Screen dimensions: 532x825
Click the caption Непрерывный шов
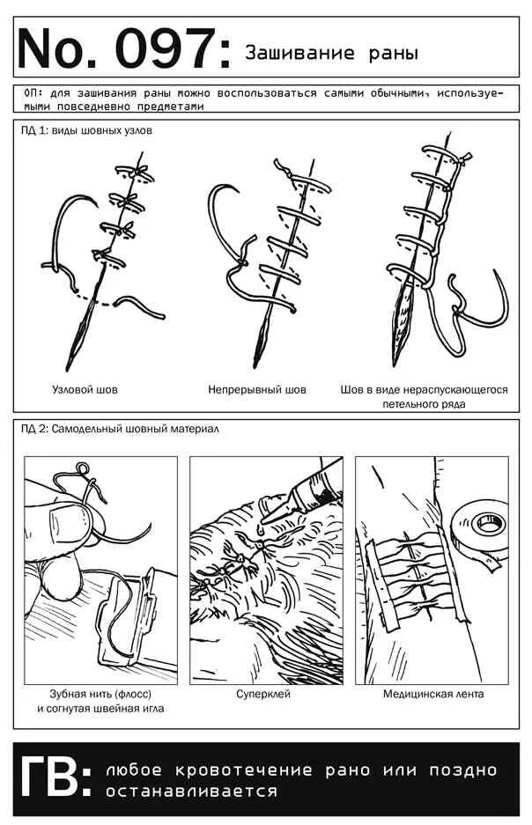[257, 388]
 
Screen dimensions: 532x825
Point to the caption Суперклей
[262, 694]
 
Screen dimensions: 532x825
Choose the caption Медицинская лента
[432, 694]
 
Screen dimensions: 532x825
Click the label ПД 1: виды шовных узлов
[86, 130]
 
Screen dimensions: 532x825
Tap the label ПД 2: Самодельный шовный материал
[120, 429]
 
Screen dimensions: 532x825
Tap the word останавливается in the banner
[191, 791]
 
